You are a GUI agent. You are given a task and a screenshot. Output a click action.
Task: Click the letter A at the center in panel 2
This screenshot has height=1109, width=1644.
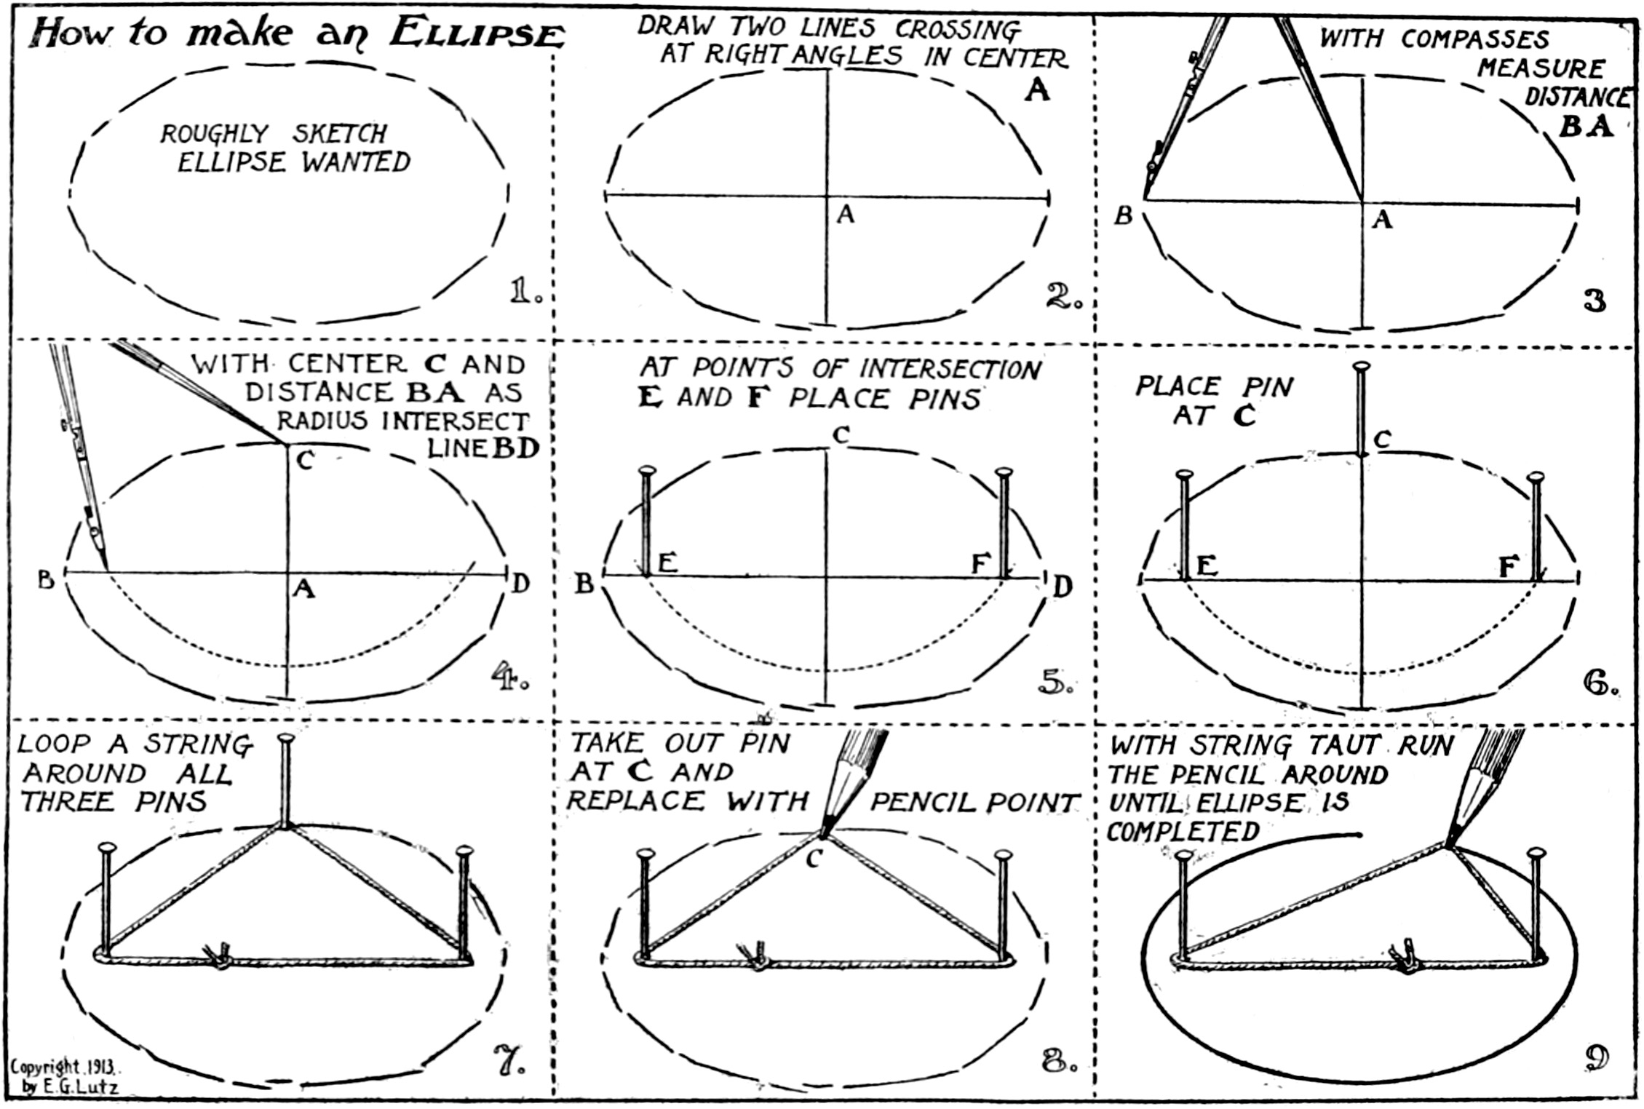(845, 214)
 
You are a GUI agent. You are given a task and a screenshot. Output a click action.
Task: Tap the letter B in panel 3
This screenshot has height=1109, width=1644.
(1124, 216)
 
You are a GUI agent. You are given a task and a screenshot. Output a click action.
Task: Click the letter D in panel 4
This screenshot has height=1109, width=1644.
(520, 583)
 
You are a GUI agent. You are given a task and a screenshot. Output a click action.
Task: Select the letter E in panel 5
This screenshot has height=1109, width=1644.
(667, 563)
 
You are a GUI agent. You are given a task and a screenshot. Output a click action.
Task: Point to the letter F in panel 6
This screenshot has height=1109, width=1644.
(1508, 566)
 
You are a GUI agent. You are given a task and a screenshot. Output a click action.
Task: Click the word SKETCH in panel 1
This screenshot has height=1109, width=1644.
(339, 134)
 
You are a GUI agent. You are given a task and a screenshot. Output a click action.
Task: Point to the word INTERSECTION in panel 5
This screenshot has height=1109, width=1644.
(950, 369)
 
